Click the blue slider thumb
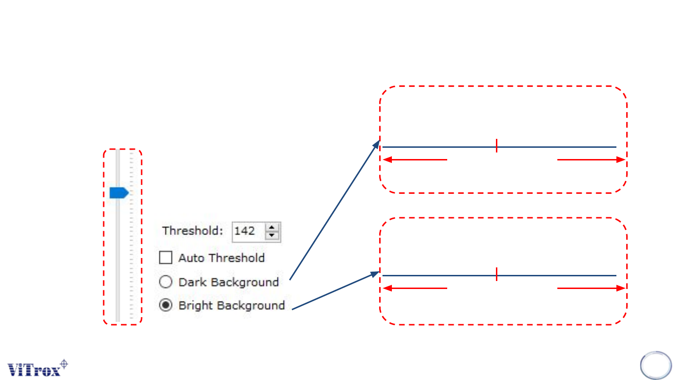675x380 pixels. point(119,193)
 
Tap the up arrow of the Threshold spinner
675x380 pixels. point(272,227)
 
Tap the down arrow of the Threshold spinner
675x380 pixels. point(272,236)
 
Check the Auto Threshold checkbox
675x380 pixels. point(165,258)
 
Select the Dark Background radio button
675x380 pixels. point(165,282)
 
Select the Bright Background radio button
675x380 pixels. point(165,305)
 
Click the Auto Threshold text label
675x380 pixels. point(221,258)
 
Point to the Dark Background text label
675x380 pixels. point(228,282)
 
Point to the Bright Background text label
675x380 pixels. point(232,305)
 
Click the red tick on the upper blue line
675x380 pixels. point(496,146)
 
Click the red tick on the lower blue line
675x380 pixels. point(496,274)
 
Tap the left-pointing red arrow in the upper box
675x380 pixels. point(415,160)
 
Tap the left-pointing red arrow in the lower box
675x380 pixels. point(415,288)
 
